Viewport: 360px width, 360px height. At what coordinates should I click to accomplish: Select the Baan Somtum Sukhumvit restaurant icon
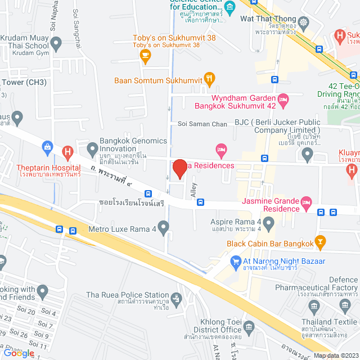click(x=209, y=79)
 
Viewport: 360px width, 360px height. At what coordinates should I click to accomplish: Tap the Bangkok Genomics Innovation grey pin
click(x=92, y=148)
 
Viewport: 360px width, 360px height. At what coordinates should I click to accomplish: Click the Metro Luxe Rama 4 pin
click(x=164, y=228)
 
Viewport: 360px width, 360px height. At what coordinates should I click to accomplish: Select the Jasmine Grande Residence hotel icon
click(x=306, y=202)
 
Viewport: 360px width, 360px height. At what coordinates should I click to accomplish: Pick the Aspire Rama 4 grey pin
click(x=269, y=224)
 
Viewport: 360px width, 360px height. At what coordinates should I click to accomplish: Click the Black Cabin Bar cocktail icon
click(x=320, y=242)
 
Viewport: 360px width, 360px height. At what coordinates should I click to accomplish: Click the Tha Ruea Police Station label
click(x=128, y=295)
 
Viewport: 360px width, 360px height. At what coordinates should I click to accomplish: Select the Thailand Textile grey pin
click(x=313, y=306)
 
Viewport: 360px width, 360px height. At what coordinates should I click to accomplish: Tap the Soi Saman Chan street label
click(x=202, y=124)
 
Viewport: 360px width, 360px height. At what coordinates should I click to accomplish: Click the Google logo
click(x=19, y=353)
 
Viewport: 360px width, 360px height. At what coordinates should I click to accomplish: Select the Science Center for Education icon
click(x=229, y=7)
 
